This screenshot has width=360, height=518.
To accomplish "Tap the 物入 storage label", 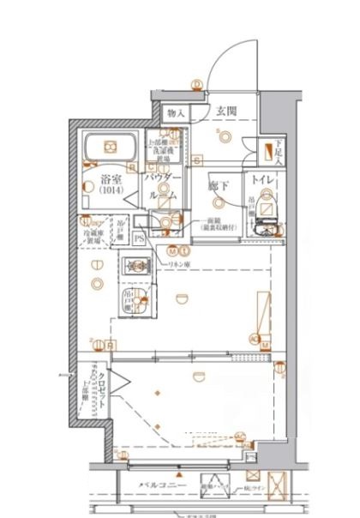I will click(x=177, y=112).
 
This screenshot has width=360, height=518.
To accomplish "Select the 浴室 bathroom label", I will click(x=110, y=180).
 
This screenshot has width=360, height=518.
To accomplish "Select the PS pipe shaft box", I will click(x=138, y=238).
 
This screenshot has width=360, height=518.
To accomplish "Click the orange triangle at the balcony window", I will click(x=178, y=474).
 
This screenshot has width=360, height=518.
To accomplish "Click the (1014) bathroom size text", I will click(x=110, y=192).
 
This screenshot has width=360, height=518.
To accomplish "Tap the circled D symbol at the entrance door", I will click(x=196, y=84).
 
